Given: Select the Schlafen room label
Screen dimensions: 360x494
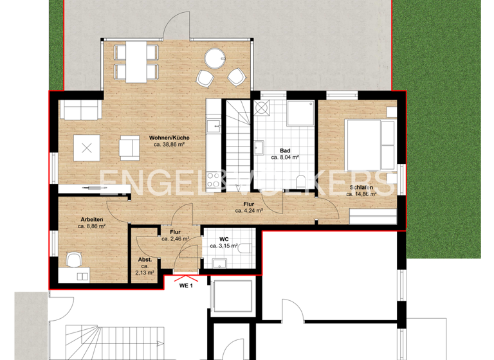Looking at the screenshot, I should click(x=362, y=188).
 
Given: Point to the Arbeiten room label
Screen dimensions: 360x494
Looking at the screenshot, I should click(x=91, y=219).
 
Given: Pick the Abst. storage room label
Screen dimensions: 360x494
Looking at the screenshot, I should click(x=145, y=260).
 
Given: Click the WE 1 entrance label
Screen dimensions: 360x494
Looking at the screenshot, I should click(x=186, y=285).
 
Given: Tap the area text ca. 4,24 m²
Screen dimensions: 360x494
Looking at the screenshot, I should click(x=248, y=210).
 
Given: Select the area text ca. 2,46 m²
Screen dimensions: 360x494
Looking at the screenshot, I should click(x=175, y=239).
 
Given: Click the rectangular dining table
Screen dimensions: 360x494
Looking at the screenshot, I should click(x=134, y=61).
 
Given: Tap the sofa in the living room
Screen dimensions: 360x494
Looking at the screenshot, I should click(x=80, y=110).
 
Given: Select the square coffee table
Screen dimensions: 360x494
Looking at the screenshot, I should click(x=86, y=149).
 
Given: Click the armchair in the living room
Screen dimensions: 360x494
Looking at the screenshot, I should click(x=130, y=148).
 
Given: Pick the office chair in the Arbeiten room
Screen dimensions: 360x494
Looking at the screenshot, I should click(x=75, y=260).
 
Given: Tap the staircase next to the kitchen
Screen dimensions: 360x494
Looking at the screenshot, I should click(x=237, y=145).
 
